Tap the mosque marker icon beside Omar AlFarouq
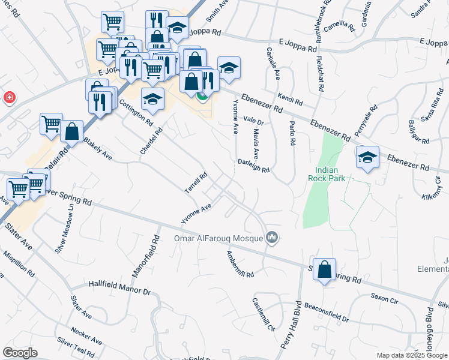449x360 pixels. coord(273,238)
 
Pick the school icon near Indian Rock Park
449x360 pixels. coord(367,157)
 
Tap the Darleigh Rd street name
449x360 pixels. coord(253,166)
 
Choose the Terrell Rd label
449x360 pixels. coord(196,184)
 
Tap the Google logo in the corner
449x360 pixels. coord(20,353)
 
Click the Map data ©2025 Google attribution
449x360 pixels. coord(411,355)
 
